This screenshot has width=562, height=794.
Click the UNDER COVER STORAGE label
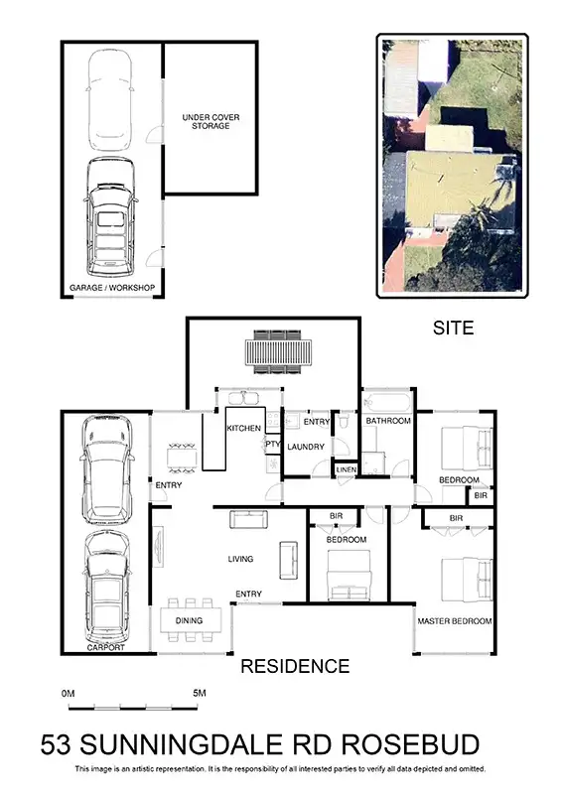211,122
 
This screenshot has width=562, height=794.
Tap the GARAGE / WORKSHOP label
112,288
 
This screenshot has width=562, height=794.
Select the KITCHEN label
243,428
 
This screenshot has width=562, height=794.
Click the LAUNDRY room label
306,447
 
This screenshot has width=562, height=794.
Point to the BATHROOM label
387,421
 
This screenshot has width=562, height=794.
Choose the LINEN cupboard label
346,469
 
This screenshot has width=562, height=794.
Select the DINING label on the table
189,621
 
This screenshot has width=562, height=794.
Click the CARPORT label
105,647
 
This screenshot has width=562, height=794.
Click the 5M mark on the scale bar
200,692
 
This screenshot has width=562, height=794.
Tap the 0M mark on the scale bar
68,692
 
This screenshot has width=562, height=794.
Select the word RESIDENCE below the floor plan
295,666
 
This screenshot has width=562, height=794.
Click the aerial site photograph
452,165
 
